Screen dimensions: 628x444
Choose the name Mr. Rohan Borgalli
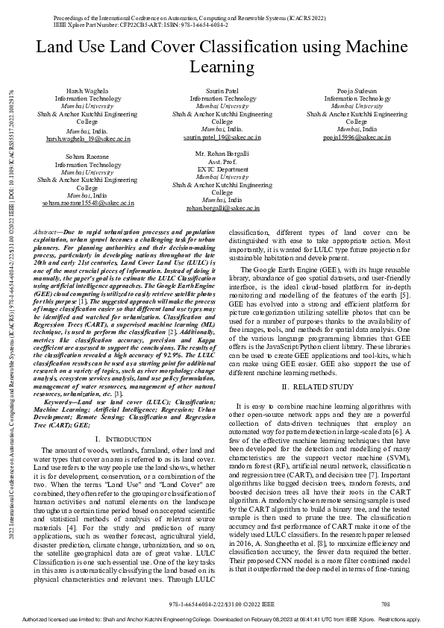[x=222, y=153]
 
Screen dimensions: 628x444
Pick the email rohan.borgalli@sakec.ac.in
[x=222, y=208]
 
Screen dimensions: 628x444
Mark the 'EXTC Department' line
[x=222, y=169]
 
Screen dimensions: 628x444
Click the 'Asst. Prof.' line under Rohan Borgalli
[x=222, y=161]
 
